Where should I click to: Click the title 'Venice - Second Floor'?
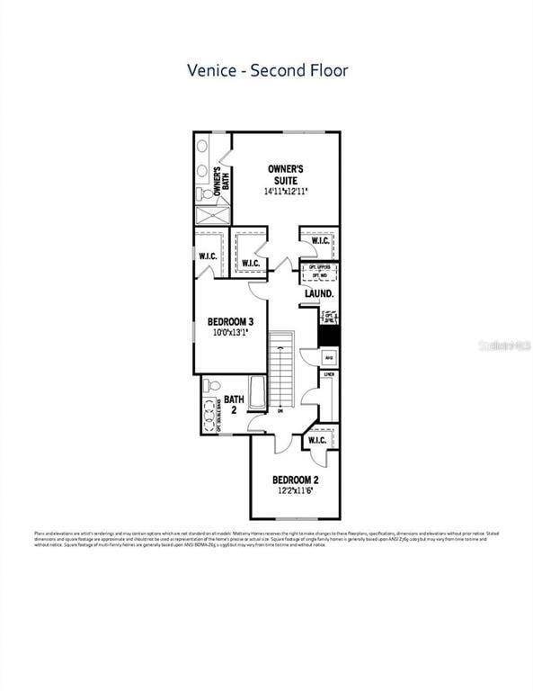point(267,69)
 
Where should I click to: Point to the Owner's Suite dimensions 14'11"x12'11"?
point(286,192)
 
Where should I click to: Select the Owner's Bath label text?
point(227,177)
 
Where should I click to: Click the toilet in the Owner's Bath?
point(205,193)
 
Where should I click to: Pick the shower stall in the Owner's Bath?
point(212,215)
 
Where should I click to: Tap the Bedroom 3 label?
point(229,321)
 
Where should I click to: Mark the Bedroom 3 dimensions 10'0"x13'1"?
point(229,333)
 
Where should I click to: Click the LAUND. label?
point(319,293)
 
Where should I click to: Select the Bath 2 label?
point(234,405)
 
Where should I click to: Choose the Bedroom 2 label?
point(296,479)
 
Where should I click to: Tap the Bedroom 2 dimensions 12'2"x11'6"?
point(296,491)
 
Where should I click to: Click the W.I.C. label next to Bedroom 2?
point(317,441)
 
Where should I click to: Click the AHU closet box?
point(329,357)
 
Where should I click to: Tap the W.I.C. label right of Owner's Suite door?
point(319,241)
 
